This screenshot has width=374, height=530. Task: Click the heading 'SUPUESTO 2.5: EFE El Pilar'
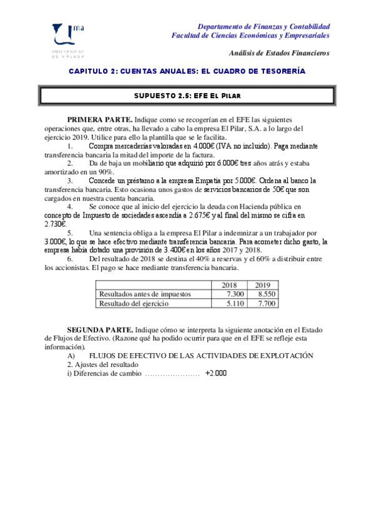[x=187, y=96]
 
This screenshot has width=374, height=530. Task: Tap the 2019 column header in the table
[x=263, y=285]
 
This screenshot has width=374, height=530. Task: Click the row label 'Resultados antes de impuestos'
[x=144, y=294]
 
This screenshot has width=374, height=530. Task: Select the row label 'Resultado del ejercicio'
[x=134, y=303]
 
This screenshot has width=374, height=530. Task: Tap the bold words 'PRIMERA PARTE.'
[x=99, y=119]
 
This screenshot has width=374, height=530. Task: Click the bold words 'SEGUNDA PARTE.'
[x=100, y=328]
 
